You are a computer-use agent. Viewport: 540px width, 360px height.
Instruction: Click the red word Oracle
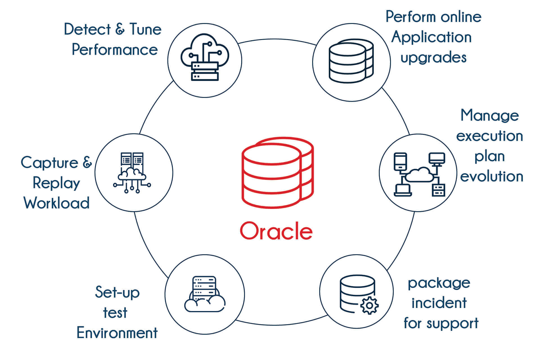click(276, 231)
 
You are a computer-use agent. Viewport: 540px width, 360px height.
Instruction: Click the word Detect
click(87, 29)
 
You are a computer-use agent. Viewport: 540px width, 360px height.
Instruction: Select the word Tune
click(145, 29)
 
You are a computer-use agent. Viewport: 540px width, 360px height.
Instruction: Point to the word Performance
click(115, 50)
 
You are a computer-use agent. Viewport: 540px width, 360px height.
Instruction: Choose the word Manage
click(490, 116)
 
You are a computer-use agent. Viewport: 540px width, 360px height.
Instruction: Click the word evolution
click(492, 177)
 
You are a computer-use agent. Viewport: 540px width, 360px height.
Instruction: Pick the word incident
click(439, 303)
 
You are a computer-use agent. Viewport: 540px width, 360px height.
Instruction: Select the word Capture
click(49, 163)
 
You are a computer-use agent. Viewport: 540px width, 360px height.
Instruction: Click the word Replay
click(56, 183)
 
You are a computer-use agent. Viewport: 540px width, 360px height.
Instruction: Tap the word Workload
click(57, 203)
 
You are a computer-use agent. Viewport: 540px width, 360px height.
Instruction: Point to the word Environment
click(117, 333)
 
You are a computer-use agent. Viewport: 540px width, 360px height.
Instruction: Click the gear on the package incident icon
click(369, 305)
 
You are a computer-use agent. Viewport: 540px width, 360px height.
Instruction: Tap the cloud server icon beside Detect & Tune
click(205, 58)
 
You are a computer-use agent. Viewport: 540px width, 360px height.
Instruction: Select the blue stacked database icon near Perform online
click(351, 61)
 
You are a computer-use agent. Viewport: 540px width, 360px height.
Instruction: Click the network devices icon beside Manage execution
click(419, 174)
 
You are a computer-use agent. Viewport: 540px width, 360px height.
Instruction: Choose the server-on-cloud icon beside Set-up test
click(204, 294)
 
